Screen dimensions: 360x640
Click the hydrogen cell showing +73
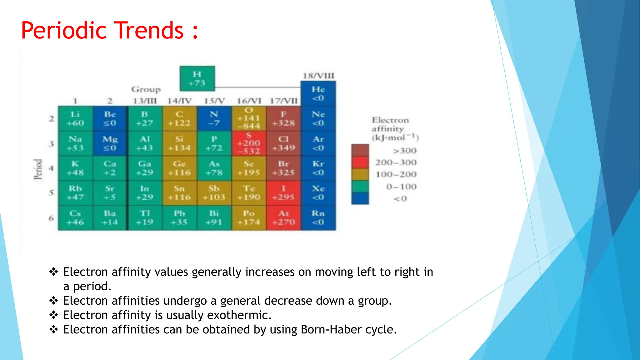197,78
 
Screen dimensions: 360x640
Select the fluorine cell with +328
283,119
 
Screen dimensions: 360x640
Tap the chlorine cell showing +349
283,143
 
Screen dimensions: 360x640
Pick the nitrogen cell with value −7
214,119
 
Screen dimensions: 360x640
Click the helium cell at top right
318,93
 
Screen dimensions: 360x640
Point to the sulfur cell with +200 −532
249,143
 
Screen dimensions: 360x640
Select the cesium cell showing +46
75,218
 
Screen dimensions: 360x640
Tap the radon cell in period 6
318,218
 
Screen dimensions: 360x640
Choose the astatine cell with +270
283,218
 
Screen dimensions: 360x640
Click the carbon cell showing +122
179,119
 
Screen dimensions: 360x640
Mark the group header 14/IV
179,101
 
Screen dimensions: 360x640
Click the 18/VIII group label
318,76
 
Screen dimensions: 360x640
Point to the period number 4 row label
51,168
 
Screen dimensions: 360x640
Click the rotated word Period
38,169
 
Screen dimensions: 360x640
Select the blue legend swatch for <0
360,198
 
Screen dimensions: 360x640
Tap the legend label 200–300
396,162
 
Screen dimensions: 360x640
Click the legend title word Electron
390,120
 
